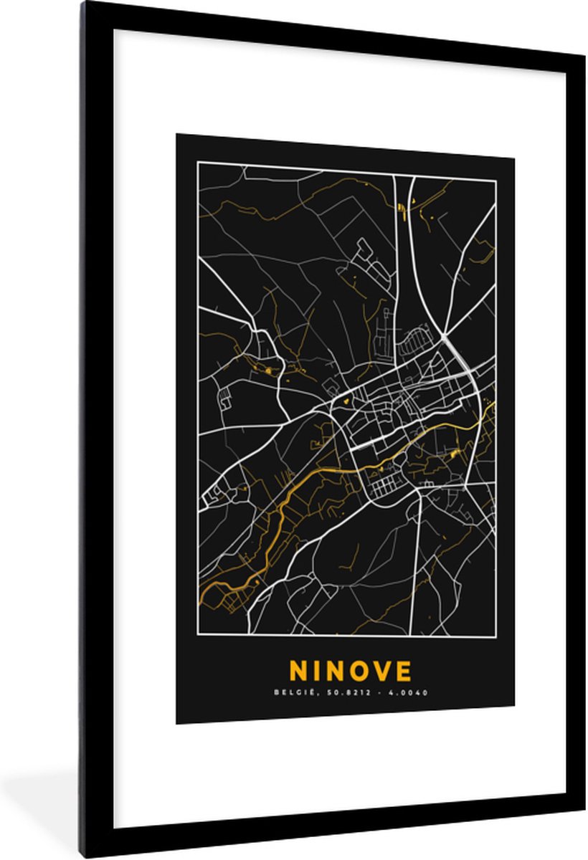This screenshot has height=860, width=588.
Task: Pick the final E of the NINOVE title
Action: tap(404, 671)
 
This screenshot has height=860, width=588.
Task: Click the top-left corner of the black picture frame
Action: tap(84, 4)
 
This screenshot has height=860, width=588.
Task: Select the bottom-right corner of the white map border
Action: tap(495, 635)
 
